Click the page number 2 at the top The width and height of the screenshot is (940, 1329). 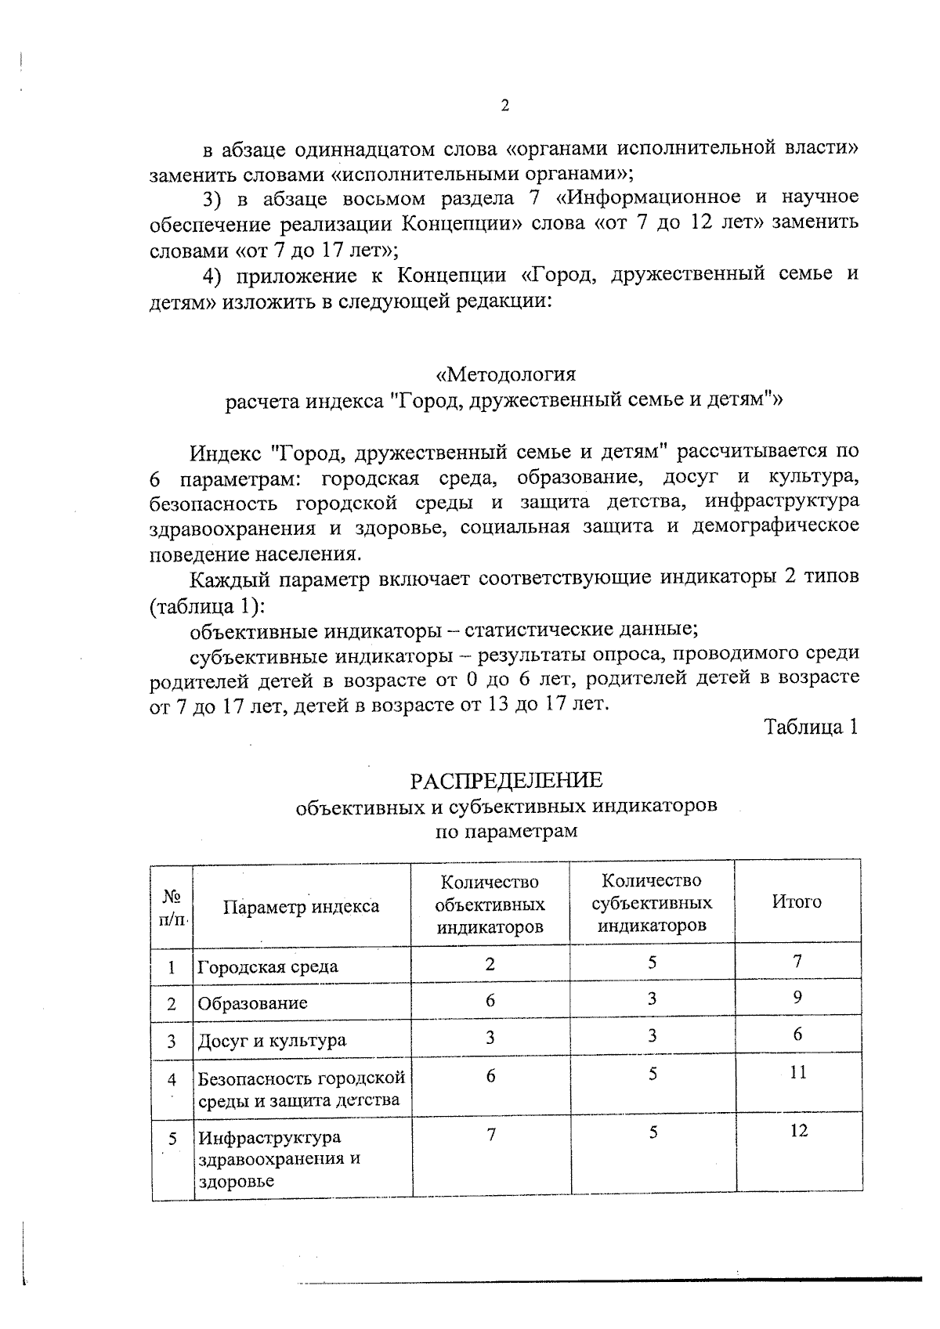[504, 106]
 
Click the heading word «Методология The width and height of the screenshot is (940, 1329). [505, 374]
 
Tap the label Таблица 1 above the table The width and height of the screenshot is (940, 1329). [812, 727]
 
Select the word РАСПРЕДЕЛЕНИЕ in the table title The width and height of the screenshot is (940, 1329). [506, 780]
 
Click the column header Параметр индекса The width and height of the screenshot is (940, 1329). [301, 907]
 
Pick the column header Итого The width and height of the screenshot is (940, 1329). [797, 901]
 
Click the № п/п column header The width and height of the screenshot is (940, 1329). [172, 907]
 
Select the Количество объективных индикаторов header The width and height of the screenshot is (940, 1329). [490, 905]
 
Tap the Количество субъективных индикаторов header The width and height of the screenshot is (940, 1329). [652, 903]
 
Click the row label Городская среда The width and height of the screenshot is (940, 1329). [268, 966]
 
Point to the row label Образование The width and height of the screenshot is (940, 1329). [252, 1003]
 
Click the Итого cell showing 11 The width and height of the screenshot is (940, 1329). [797, 1073]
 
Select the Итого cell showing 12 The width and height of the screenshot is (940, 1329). [797, 1131]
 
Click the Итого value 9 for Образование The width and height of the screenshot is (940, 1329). [797, 998]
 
